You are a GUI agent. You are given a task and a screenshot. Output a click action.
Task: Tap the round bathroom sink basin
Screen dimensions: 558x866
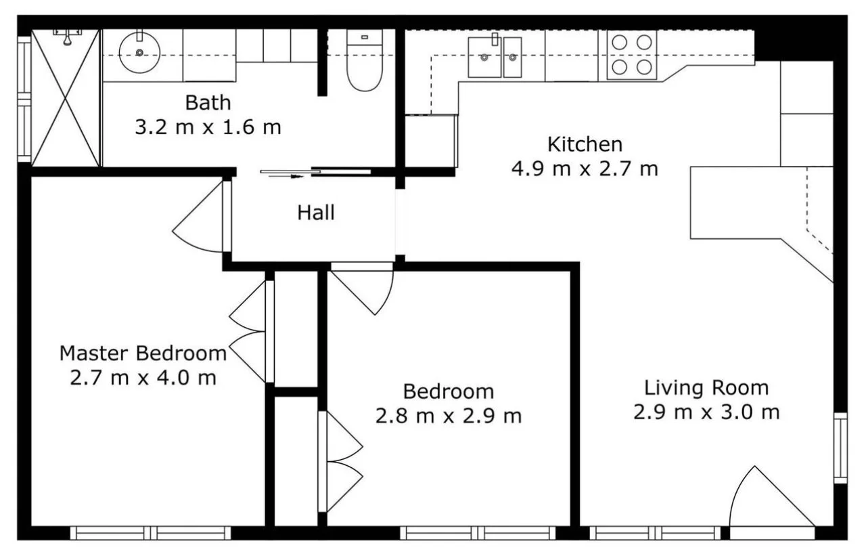coord(139,52)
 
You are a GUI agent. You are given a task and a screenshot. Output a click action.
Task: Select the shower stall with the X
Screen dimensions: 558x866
coord(66,98)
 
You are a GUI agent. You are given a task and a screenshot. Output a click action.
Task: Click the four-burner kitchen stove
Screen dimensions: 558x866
coord(632,55)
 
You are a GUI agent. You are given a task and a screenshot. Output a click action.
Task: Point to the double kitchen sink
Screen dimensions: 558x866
coord(495,58)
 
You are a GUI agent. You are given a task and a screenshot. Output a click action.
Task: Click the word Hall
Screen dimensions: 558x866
coord(316,213)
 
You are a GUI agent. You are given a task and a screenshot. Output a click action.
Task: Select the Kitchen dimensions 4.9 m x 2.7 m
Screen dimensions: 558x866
coord(584,169)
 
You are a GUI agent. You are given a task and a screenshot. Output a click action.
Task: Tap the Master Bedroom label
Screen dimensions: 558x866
coord(143,353)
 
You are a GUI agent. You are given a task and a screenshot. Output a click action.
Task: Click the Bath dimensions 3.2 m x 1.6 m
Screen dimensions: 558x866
coord(208,127)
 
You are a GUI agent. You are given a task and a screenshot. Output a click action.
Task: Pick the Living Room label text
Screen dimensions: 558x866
coord(706,388)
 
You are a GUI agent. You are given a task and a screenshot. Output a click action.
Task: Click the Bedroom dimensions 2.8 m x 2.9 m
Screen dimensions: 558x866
coord(449,416)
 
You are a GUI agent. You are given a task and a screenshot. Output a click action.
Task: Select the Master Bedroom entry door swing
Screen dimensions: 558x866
coord(200,218)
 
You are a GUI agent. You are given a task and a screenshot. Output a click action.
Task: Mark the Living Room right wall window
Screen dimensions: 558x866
coord(840,448)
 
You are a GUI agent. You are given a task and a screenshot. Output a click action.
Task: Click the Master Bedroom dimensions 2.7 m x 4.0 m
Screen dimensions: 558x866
coord(143,378)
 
